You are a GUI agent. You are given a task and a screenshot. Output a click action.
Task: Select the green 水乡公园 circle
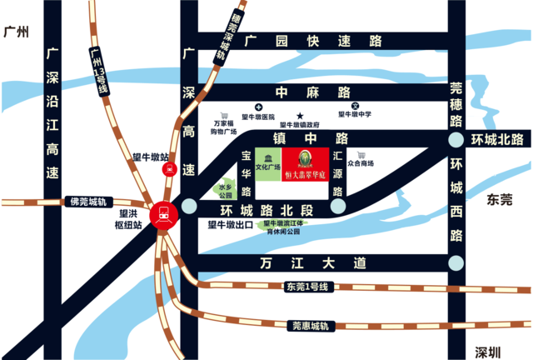pyautogui.click(x=224, y=190)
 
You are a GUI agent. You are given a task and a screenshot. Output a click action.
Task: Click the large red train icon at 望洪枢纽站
pyautogui.click(x=162, y=215)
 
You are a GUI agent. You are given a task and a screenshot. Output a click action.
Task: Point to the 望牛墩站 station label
pyautogui.click(x=151, y=156)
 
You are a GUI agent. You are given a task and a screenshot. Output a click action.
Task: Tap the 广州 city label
pyautogui.click(x=16, y=33)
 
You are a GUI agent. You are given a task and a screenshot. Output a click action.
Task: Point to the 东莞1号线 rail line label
pyautogui.click(x=307, y=287)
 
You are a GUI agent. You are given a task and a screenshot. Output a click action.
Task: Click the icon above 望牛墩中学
pyautogui.click(x=355, y=107)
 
